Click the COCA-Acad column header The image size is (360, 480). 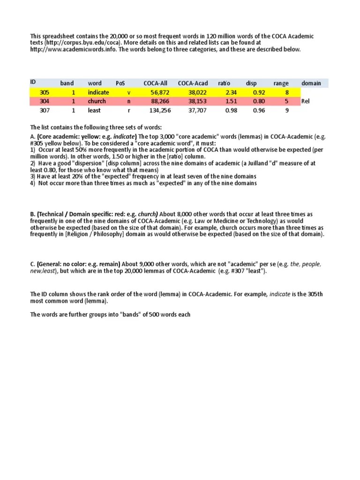click(193, 83)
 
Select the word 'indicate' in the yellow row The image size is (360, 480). click(98, 92)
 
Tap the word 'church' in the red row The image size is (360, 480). click(97, 101)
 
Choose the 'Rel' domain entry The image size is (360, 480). click(306, 101)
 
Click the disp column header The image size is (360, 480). click(251, 83)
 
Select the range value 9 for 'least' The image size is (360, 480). click(286, 110)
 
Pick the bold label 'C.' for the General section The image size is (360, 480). click(33, 264)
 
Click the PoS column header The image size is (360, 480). click(120, 83)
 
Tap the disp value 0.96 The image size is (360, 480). click(259, 110)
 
